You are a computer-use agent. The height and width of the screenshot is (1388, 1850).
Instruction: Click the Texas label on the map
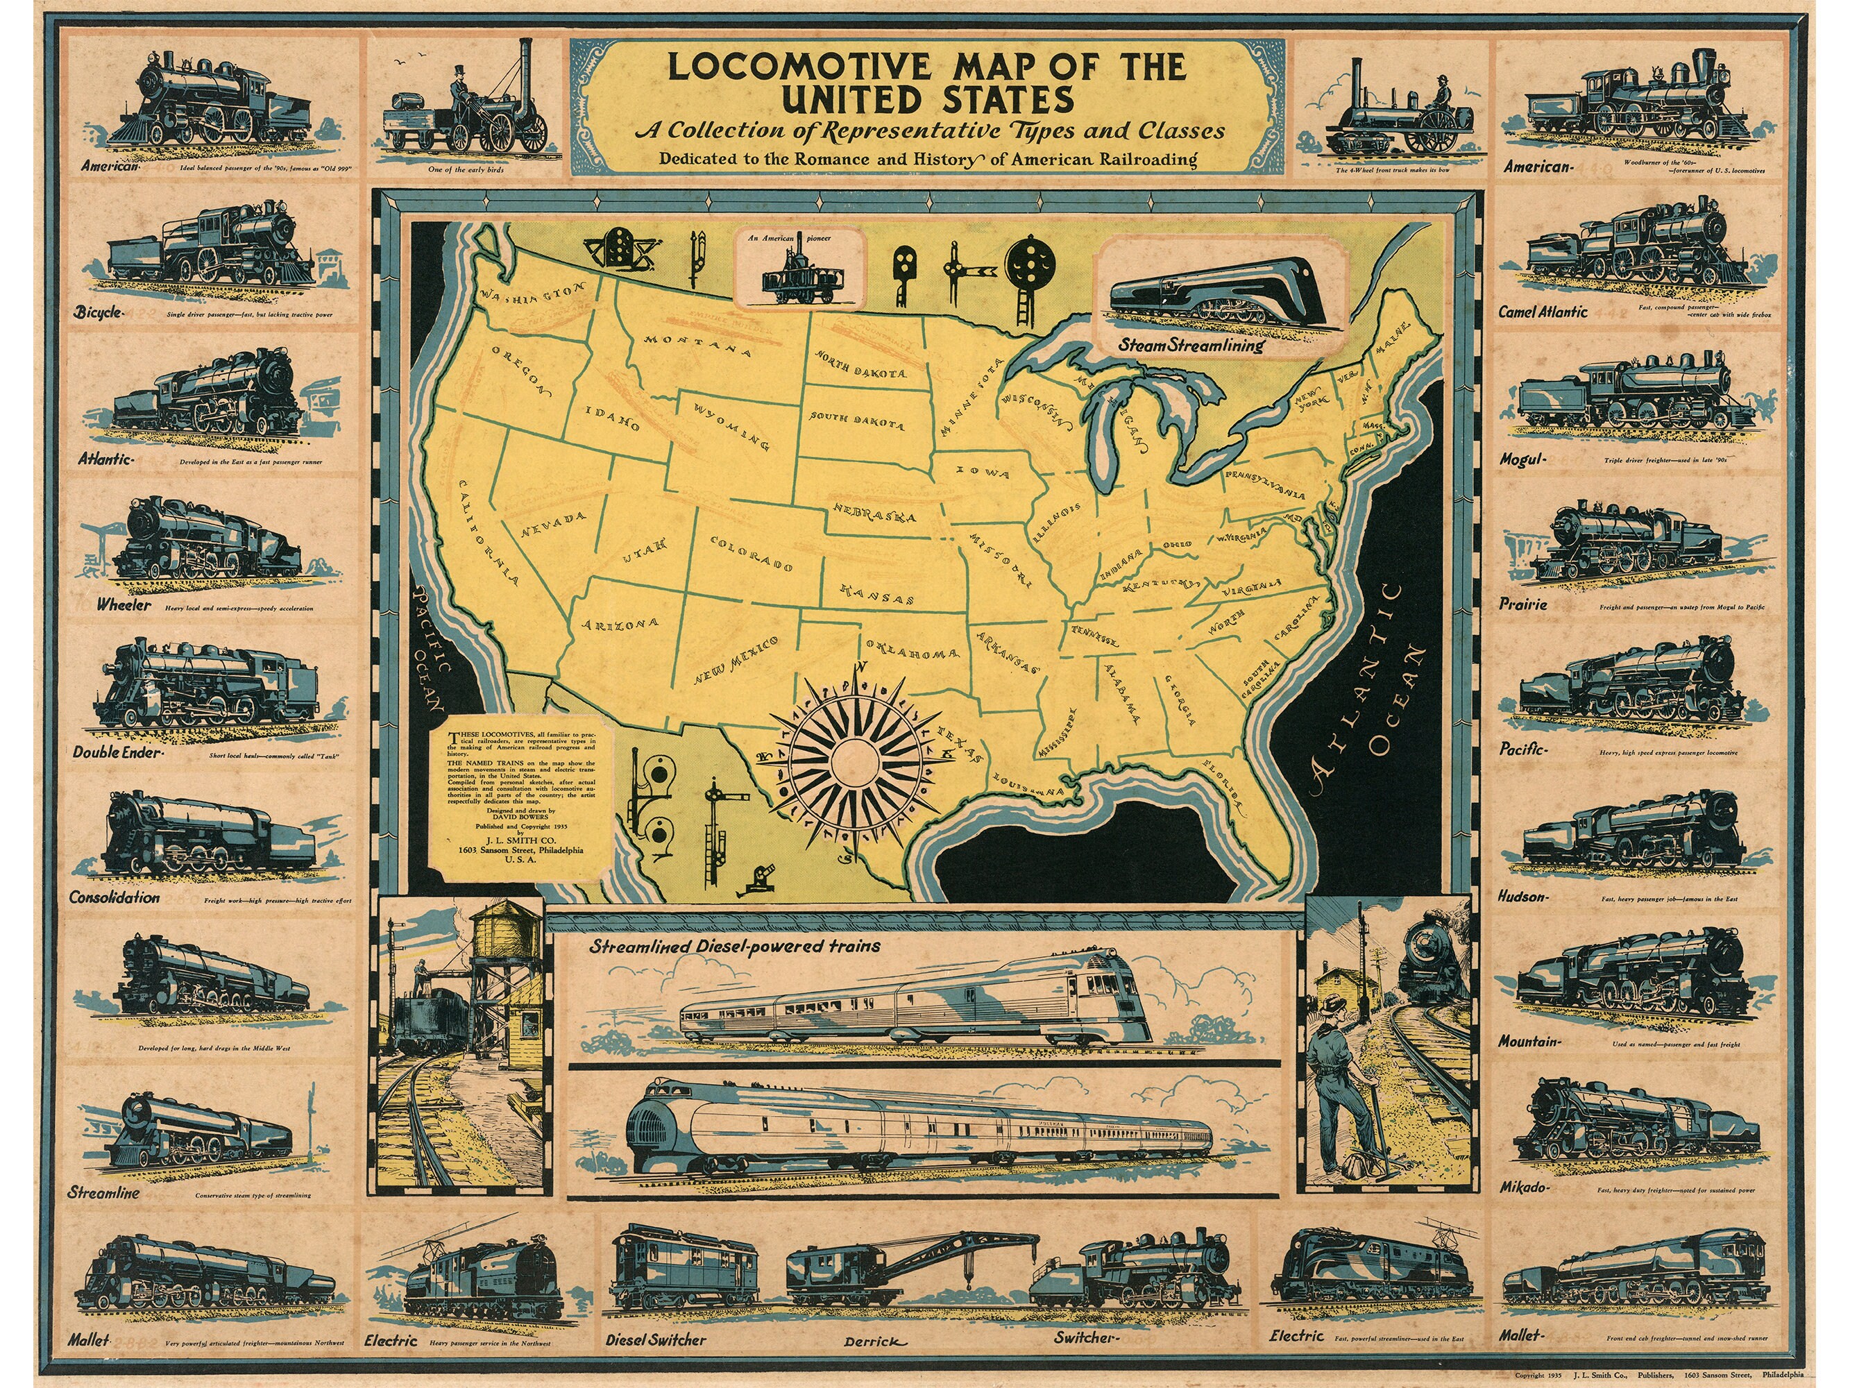tap(956, 743)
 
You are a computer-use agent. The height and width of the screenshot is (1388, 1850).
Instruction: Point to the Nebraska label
tap(873, 513)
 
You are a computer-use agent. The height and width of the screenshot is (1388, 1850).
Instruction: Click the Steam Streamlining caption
tap(1191, 344)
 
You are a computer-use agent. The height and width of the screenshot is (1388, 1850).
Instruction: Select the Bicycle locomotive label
tap(99, 313)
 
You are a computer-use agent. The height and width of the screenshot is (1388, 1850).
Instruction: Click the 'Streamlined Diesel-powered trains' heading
tap(734, 947)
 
